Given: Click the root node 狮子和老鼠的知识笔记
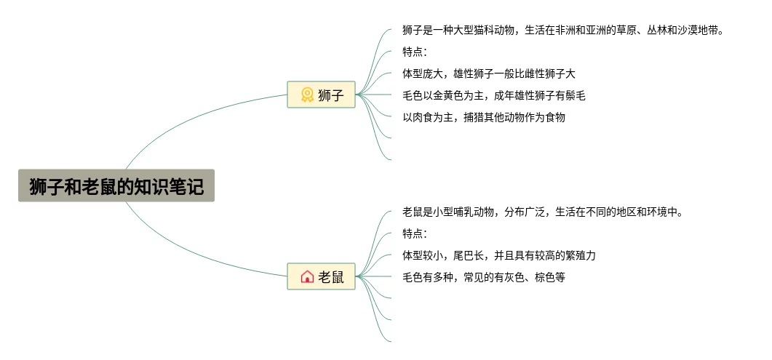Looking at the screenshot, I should tap(116, 186).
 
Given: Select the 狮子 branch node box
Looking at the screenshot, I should tap(321, 95).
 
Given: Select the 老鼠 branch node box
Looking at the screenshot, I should tap(321, 276).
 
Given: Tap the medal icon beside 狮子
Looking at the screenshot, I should tap(307, 95).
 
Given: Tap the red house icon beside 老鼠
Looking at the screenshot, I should tap(307, 276).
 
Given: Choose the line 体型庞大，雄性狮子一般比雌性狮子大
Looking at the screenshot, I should tap(489, 73).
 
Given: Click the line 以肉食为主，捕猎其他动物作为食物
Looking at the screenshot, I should tap(484, 117).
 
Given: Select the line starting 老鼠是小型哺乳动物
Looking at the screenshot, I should tap(542, 212).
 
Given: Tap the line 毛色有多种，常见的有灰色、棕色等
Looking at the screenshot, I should tap(484, 277).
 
